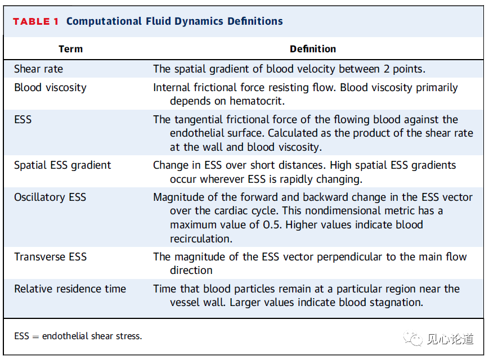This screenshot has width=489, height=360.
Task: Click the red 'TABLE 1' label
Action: tap(35, 21)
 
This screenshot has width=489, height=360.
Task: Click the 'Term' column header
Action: tap(71, 49)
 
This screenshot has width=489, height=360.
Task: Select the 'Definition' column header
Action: tap(313, 49)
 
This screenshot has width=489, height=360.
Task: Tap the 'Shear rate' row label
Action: tap(38, 69)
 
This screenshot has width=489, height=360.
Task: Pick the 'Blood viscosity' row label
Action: tap(50, 88)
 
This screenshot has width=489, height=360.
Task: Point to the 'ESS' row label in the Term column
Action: tap(23, 120)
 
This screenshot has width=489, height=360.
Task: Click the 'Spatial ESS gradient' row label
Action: tap(62, 165)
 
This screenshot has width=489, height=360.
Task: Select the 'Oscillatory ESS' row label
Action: tap(50, 197)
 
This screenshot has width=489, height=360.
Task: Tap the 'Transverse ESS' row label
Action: tap(50, 257)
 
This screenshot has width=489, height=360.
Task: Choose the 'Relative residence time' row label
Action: tap(70, 289)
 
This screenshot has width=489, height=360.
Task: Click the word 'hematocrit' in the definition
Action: tap(255, 101)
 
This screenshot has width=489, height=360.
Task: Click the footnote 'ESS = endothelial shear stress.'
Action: tap(78, 336)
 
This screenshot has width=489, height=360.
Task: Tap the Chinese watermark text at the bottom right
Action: tap(450, 339)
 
